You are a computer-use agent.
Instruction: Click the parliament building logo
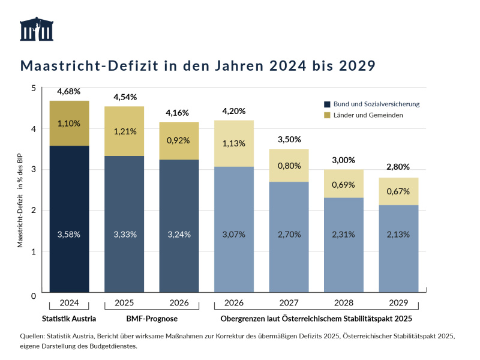37,30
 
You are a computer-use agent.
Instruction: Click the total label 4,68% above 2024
70,92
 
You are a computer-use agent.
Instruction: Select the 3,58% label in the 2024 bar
70,234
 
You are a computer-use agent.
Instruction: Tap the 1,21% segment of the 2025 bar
125,131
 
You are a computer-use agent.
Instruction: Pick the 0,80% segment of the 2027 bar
290,166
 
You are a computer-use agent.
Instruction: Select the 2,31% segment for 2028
344,234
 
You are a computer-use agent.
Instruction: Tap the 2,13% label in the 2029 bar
399,234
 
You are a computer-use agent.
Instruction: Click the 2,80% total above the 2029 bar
399,169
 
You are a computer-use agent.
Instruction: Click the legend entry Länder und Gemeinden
368,115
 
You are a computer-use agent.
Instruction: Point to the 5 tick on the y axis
34,88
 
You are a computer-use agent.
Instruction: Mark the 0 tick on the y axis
34,295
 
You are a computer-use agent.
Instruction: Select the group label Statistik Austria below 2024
70,318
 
